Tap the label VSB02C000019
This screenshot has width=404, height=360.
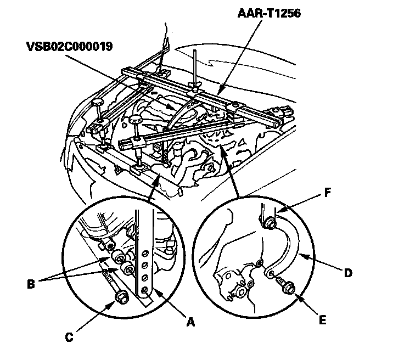[x=68, y=47]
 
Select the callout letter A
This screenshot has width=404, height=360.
[x=190, y=323]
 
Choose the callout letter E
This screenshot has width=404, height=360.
[x=322, y=319]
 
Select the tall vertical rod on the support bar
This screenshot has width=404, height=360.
[x=195, y=69]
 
